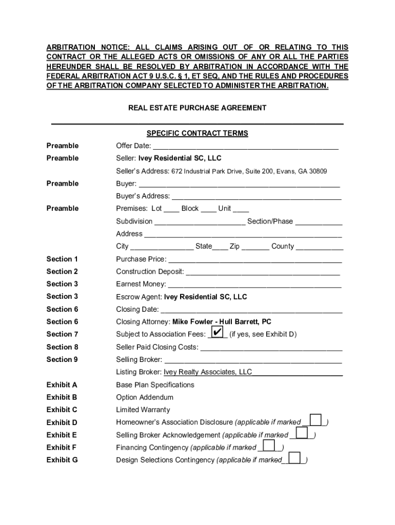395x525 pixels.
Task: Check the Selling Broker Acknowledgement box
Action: (302, 433)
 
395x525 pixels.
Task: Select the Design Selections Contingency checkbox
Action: (294, 458)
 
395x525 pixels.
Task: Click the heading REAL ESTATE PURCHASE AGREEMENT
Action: (197, 108)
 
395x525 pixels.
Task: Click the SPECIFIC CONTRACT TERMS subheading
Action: (197, 133)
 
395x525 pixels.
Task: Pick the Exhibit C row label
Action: (62, 410)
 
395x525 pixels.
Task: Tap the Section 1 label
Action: (62, 259)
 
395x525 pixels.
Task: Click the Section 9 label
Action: (62, 359)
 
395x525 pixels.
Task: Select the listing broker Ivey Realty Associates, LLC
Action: (208, 372)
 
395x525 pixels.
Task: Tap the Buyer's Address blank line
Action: (256, 197)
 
